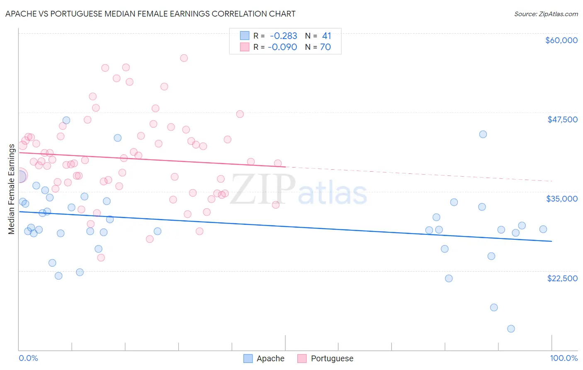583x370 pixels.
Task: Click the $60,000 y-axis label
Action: tap(561, 40)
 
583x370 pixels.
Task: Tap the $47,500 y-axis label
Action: tap(562, 119)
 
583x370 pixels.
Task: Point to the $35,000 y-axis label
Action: tap(562, 199)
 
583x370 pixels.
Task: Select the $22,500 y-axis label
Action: tap(562, 278)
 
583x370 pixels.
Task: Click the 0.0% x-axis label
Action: tap(28, 358)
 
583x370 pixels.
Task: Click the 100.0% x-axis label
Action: tap(564, 358)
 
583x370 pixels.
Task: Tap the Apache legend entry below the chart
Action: tap(270, 358)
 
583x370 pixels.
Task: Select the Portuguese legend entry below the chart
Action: tap(332, 358)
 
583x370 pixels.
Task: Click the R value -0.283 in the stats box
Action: tap(283, 36)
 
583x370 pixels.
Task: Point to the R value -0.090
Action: tap(282, 47)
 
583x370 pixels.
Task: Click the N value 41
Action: tap(327, 36)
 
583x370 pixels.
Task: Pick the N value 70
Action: tap(326, 47)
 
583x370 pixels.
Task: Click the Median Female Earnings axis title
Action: tap(11, 189)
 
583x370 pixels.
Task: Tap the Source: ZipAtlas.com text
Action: tap(546, 14)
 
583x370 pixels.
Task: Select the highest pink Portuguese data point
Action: tap(184, 58)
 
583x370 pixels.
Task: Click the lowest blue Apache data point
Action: tap(511, 329)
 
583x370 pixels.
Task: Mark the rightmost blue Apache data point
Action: tap(543, 229)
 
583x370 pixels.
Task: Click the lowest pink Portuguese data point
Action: tap(101, 258)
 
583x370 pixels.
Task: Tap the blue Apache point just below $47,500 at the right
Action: tap(483, 134)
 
